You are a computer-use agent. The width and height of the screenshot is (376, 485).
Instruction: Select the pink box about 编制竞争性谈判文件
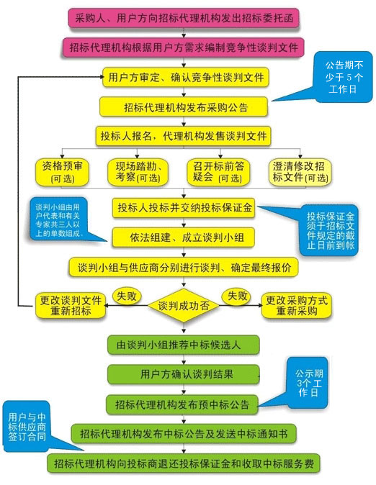tap(183, 47)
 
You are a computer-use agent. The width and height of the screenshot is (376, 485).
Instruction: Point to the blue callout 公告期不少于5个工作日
tap(341, 78)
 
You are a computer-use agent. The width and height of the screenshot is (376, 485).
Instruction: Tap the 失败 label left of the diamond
tap(127, 296)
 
